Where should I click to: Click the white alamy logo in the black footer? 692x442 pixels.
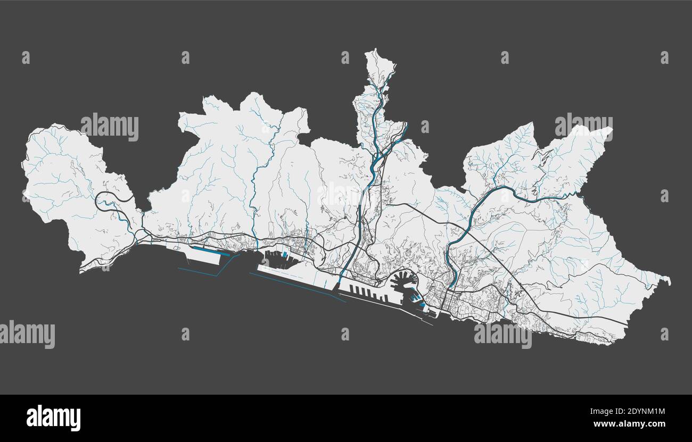tap(53, 418)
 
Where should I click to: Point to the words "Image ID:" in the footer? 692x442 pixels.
tap(602, 411)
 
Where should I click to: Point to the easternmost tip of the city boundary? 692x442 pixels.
tap(669, 280)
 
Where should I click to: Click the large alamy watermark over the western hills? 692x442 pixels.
tap(110, 127)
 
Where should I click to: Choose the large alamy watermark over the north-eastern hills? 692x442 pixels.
tap(583, 126)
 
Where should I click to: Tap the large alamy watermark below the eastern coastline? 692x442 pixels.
tap(502, 335)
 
